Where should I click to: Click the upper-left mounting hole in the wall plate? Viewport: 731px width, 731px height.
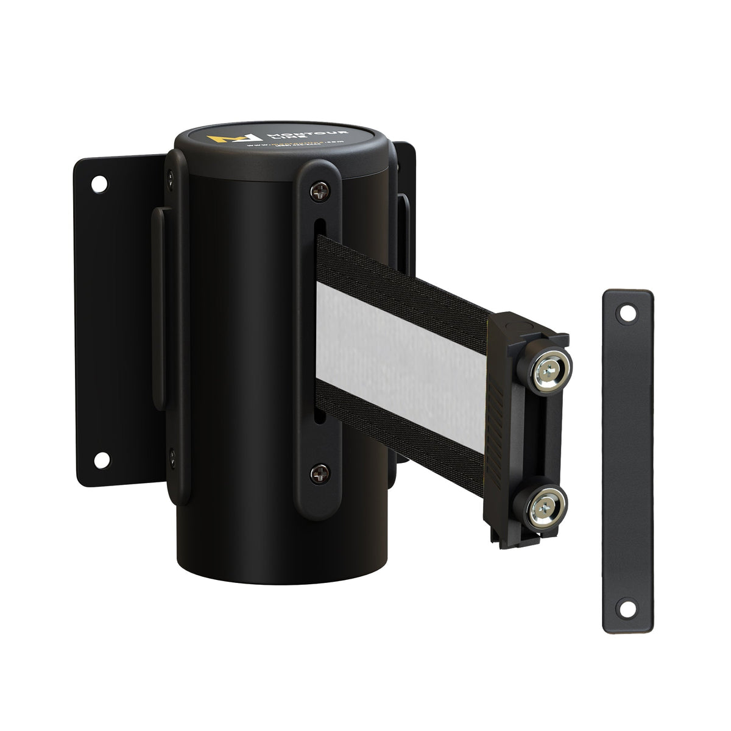pyautogui.click(x=98, y=182)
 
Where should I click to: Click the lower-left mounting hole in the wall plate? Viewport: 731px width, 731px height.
pyautogui.click(x=101, y=458)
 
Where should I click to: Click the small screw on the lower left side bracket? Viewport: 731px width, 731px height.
pyautogui.click(x=172, y=453)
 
